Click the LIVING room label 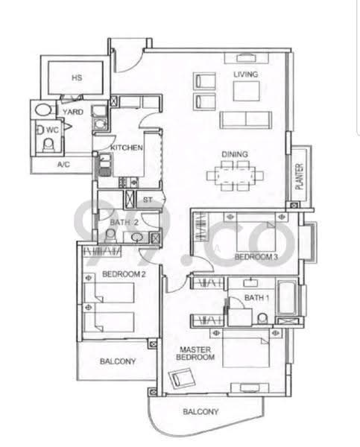pyautogui.click(x=246, y=74)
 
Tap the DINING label pyautogui.click(x=235, y=154)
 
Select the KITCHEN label pyautogui.click(x=127, y=148)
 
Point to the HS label pyautogui.click(x=77, y=77)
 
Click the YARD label pyautogui.click(x=73, y=112)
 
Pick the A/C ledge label pyautogui.click(x=63, y=165)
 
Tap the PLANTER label pyautogui.click(x=299, y=177)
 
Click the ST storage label pyautogui.click(x=148, y=200)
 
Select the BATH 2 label pyautogui.click(x=124, y=222)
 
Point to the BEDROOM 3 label pyautogui.click(x=256, y=257)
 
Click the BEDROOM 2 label pyautogui.click(x=124, y=274)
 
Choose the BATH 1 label pyautogui.click(x=256, y=298)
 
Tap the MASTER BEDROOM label pyautogui.click(x=195, y=353)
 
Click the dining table pyautogui.click(x=236, y=175)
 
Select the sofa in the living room pyautogui.click(x=245, y=120)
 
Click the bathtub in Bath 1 pyautogui.click(x=287, y=297)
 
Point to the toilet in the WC pyautogui.click(x=48, y=145)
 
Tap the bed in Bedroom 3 pyautogui.click(x=256, y=232)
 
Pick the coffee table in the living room pyautogui.click(x=247, y=91)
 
